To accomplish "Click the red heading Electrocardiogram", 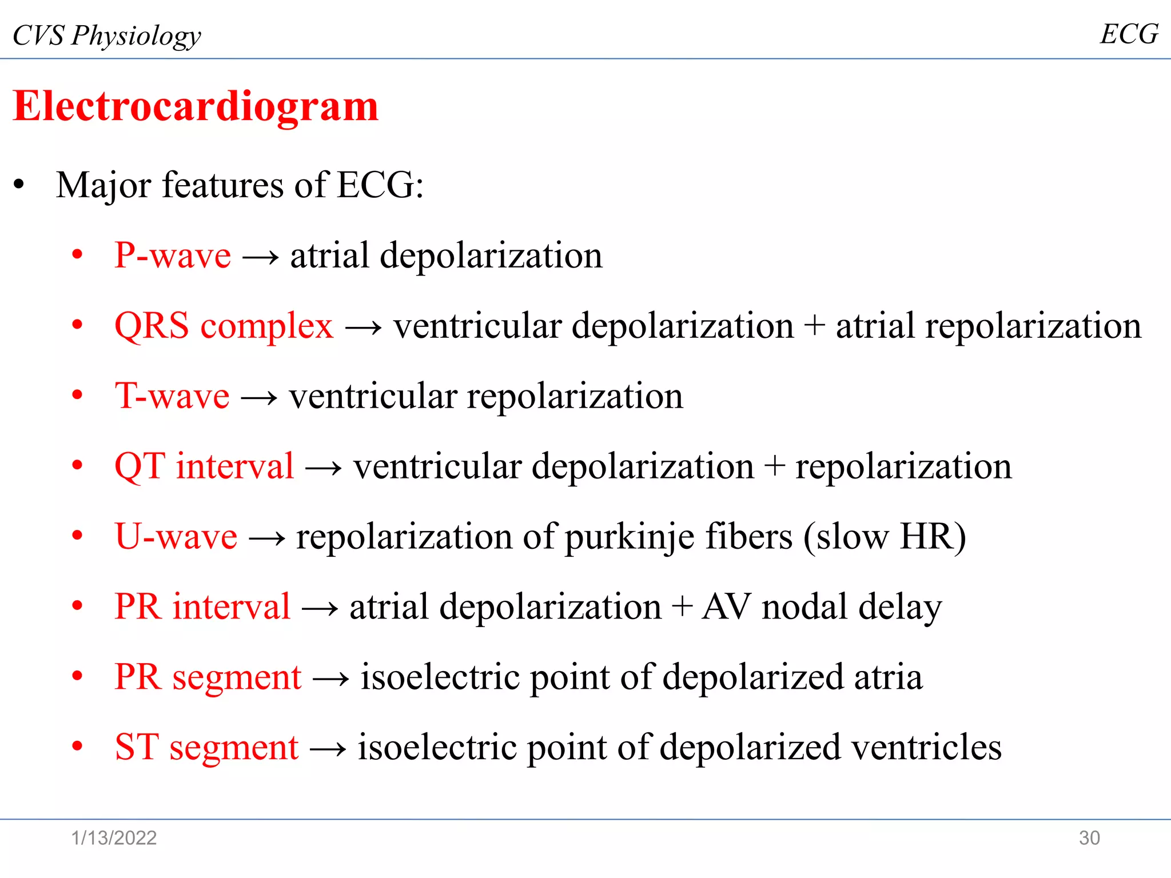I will click(196, 106).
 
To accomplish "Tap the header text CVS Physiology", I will click(107, 35).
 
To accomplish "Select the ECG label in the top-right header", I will click(1129, 34).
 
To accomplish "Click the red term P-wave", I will click(173, 255).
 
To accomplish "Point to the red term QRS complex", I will click(224, 326).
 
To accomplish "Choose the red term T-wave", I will click(172, 396).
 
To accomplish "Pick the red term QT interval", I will click(204, 466).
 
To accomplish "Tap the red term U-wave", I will click(176, 536).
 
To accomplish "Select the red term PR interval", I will click(202, 606).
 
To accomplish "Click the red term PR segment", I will click(208, 677).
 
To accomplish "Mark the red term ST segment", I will click(206, 747).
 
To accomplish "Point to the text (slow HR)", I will click(885, 537).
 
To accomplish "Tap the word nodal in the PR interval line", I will click(804, 606).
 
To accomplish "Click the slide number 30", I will click(1089, 838).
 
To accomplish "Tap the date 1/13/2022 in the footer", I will click(114, 838).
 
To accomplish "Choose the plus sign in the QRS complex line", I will click(814, 327).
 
